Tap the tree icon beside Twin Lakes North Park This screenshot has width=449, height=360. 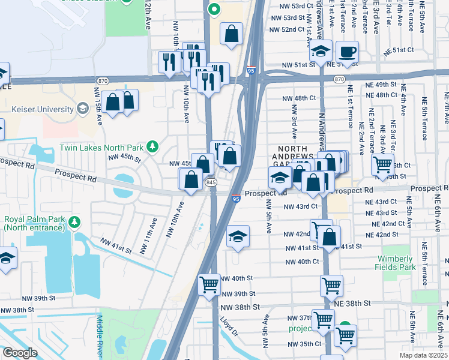click(153, 147)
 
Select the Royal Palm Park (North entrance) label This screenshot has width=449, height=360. click(35, 223)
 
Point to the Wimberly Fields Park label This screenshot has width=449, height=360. click(396, 263)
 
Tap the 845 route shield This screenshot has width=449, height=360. click(211, 182)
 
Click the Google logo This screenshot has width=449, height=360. click(20, 353)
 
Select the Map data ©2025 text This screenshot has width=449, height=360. click(423, 355)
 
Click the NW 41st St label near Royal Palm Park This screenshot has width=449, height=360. click(116, 244)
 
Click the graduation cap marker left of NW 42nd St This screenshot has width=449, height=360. click(238, 237)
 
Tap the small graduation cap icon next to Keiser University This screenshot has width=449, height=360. click(82, 109)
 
